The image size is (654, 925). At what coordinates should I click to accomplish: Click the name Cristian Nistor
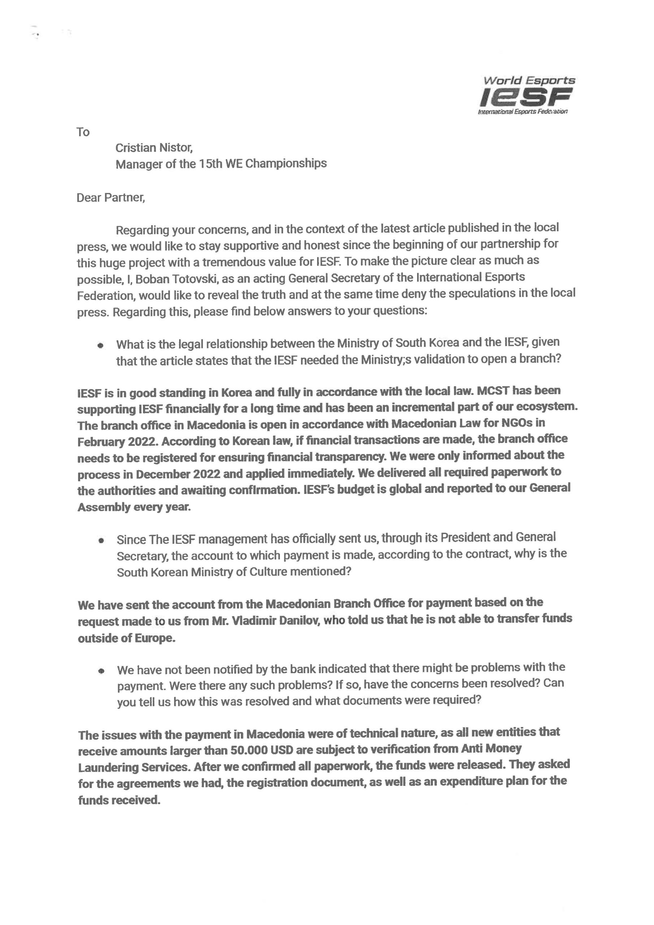click(154, 148)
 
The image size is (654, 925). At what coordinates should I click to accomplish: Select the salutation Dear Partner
click(111, 198)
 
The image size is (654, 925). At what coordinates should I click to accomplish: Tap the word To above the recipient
click(83, 132)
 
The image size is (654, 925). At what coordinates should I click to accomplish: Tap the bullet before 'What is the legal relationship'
click(101, 345)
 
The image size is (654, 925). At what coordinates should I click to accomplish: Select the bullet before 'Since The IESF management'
click(101, 541)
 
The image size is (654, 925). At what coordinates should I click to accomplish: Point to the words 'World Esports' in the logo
click(529, 81)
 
